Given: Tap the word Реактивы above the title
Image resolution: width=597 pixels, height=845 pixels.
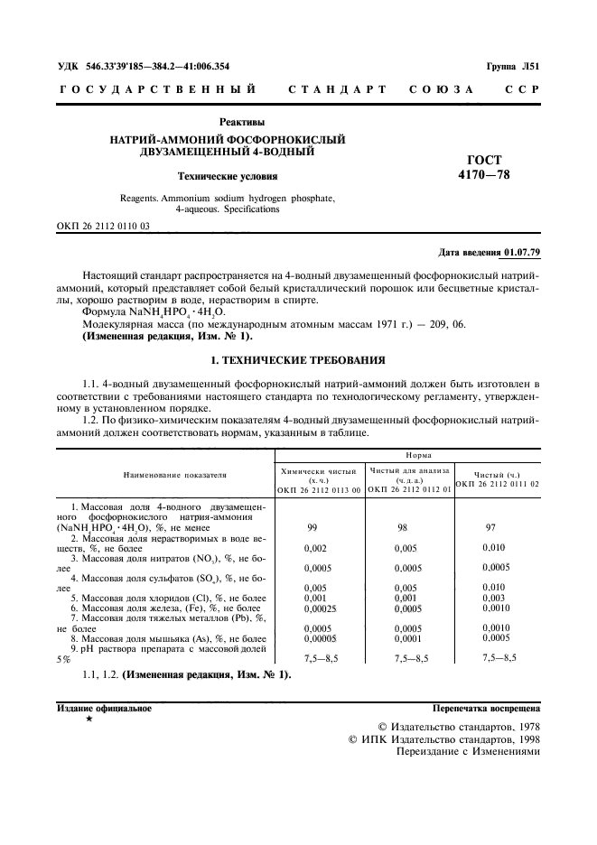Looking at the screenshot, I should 242,122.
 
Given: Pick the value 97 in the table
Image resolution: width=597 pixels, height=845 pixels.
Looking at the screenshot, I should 491,527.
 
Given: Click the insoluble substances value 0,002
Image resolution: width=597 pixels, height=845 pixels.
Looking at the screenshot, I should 315,547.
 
